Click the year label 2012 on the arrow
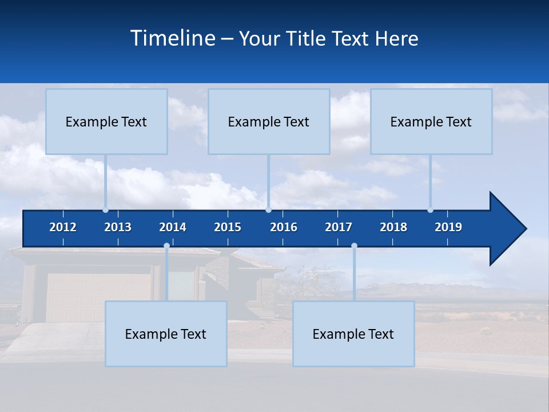(x=63, y=227)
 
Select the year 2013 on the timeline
(x=118, y=227)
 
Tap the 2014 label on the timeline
(x=173, y=227)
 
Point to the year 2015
(x=228, y=227)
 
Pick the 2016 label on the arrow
(x=284, y=227)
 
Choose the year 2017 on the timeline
(x=339, y=227)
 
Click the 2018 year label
(x=393, y=227)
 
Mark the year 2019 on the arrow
(x=448, y=227)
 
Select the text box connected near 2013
(x=106, y=122)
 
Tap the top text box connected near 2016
(x=269, y=122)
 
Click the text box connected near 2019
(x=431, y=122)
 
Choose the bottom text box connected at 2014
(x=166, y=334)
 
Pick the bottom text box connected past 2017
(x=353, y=334)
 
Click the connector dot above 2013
(x=106, y=209)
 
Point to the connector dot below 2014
(x=166, y=246)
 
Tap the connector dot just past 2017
(x=354, y=246)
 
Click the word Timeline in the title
(x=172, y=38)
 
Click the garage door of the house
(x=97, y=298)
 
